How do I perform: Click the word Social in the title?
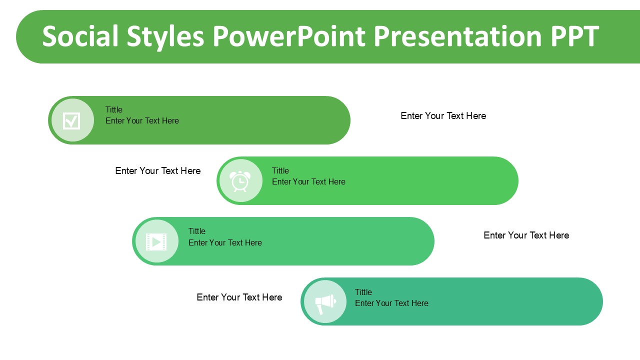click(x=80, y=36)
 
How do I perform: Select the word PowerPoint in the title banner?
click(x=289, y=36)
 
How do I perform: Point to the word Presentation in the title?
click(x=457, y=36)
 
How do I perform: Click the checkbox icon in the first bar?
click(x=71, y=121)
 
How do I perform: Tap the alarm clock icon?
click(x=240, y=181)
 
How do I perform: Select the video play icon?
click(x=156, y=242)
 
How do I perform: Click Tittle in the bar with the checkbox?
click(x=113, y=109)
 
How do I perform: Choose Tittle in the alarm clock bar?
click(x=280, y=170)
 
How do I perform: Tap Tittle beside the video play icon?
click(x=197, y=231)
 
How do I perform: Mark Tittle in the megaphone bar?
click(x=363, y=292)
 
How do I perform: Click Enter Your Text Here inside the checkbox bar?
click(x=142, y=121)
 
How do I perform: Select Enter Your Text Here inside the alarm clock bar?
click(x=308, y=181)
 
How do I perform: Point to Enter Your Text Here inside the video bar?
click(x=225, y=242)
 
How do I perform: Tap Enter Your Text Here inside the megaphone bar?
click(x=391, y=303)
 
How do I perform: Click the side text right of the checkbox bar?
click(x=443, y=115)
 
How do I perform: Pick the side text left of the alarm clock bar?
click(x=158, y=171)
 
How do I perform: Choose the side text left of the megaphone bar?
click(x=239, y=297)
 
